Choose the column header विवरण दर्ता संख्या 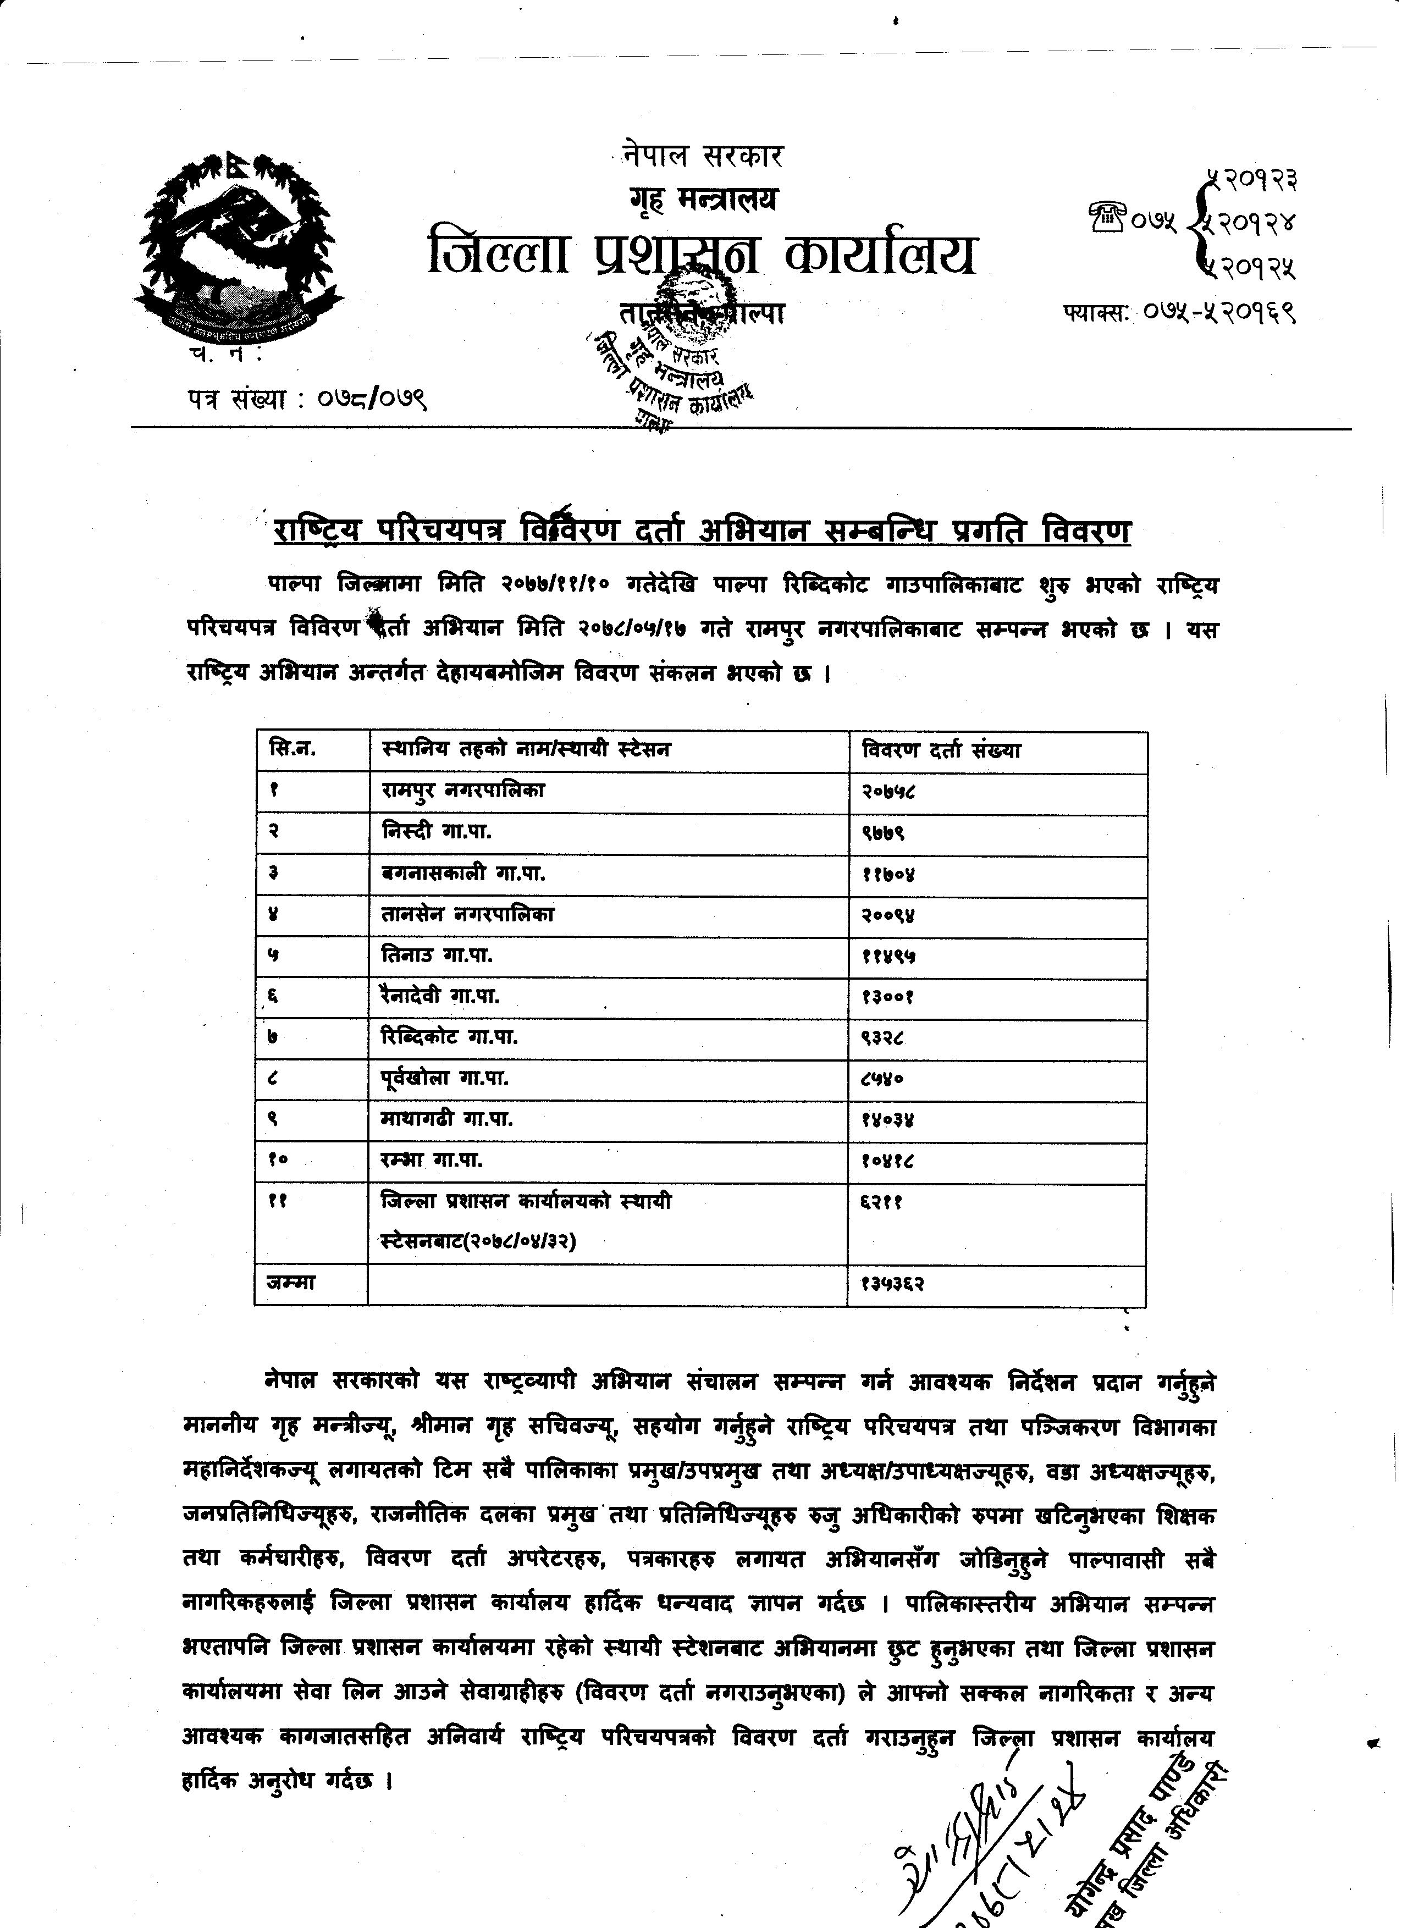(x=941, y=750)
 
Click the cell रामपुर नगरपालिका (x=463, y=791)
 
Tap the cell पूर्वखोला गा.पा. (x=445, y=1079)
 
